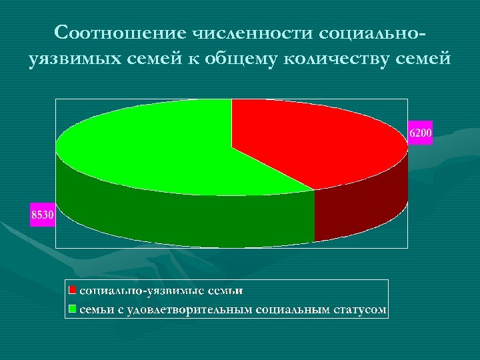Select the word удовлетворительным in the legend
tap(187, 309)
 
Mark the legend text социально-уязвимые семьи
tap(161, 291)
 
